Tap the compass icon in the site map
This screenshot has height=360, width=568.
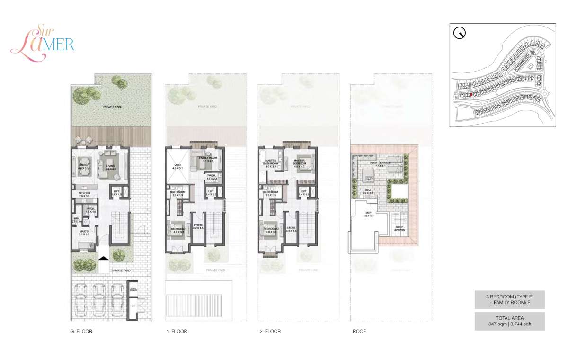(x=459, y=33)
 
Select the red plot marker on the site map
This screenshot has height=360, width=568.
(x=471, y=95)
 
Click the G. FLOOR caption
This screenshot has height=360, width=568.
(x=80, y=332)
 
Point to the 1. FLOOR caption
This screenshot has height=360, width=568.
(x=177, y=332)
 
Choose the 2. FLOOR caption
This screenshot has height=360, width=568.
(x=270, y=332)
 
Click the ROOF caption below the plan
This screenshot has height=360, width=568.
(x=359, y=332)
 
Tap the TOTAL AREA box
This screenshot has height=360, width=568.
(x=510, y=321)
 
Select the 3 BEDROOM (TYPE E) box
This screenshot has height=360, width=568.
(x=510, y=299)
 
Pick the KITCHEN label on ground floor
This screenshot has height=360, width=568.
(x=84, y=194)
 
